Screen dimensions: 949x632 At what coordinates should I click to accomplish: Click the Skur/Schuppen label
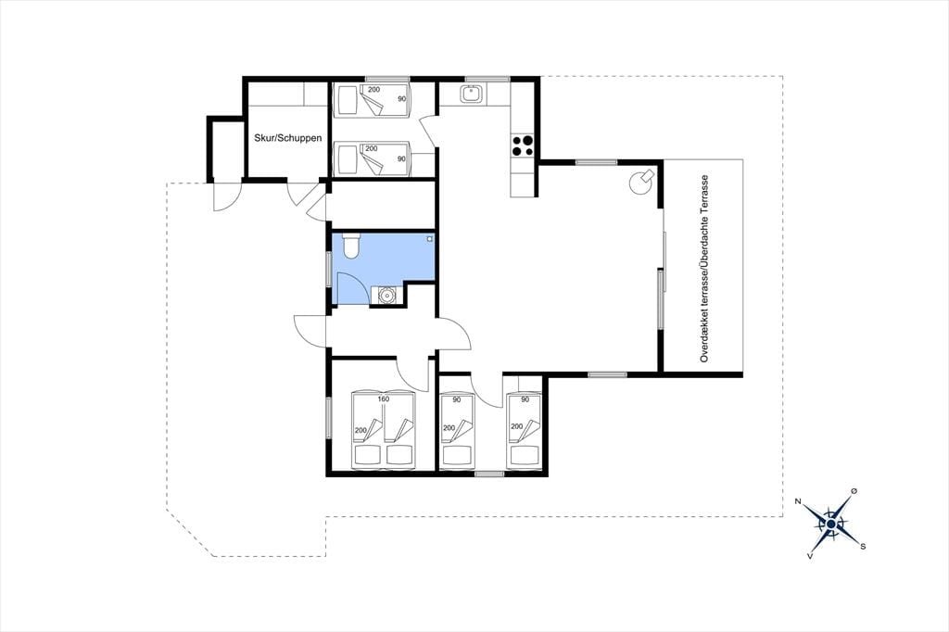point(288,138)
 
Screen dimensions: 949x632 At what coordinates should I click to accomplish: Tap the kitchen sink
point(471,94)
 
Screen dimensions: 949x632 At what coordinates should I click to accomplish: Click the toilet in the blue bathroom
point(351,246)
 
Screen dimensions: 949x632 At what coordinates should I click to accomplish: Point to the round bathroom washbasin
point(386,296)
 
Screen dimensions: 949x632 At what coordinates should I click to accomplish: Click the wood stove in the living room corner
point(641,181)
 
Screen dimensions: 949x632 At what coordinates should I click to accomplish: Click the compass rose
point(831,523)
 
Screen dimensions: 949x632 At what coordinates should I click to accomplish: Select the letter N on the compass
point(798,501)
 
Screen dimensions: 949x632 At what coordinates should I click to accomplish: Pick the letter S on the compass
point(863,546)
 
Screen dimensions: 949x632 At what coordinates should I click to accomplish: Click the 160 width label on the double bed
point(383,398)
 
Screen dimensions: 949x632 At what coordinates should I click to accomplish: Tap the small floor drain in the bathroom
point(430,238)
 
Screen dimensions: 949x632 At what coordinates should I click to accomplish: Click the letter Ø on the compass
point(854,490)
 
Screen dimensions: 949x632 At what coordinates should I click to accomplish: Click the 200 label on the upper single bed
point(374,90)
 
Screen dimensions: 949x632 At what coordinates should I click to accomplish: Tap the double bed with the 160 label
point(384,429)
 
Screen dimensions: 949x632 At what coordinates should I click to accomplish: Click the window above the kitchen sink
point(487,79)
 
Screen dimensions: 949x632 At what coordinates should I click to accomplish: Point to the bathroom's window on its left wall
point(329,268)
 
